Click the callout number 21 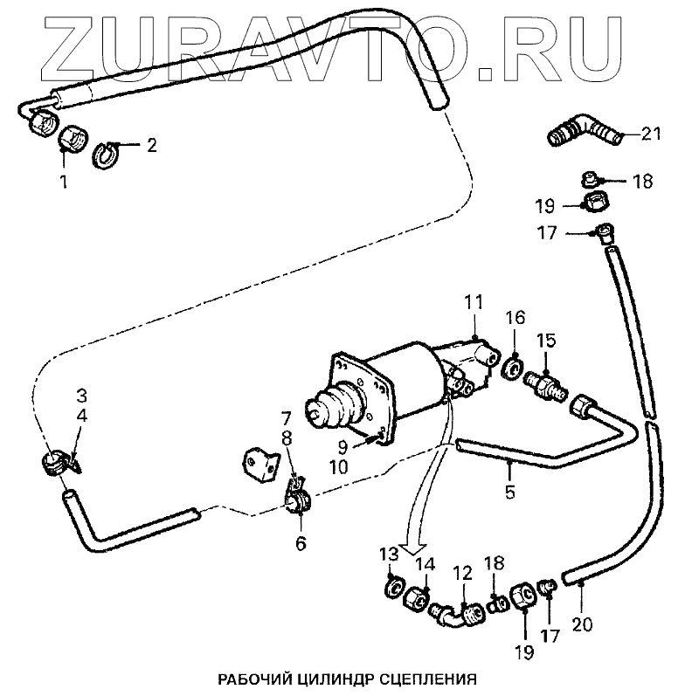pyautogui.click(x=650, y=134)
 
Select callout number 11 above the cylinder pyautogui.click(x=474, y=303)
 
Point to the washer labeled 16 pyautogui.click(x=513, y=362)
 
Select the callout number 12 pyautogui.click(x=461, y=573)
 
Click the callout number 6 pyautogui.click(x=301, y=542)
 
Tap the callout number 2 pyautogui.click(x=151, y=146)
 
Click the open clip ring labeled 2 pyautogui.click(x=106, y=154)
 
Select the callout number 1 pyautogui.click(x=63, y=182)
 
